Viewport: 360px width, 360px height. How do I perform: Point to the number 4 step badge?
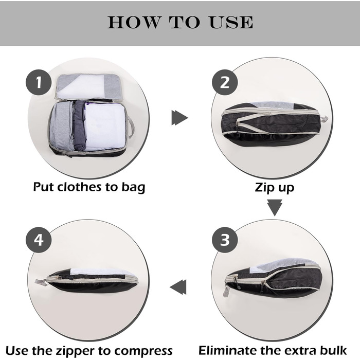tap(39, 240)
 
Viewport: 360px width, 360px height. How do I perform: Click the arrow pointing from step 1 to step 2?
tap(179, 118)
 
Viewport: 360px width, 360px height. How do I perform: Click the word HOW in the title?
tap(130, 23)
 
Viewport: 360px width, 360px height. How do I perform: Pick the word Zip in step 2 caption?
tap(264, 187)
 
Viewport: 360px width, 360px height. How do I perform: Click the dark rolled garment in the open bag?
tap(79, 126)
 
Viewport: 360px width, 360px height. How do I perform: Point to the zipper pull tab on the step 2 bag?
tap(324, 120)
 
